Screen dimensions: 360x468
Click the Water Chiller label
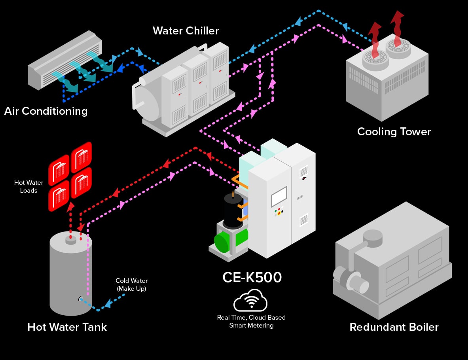click(186, 30)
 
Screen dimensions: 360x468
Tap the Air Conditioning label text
click(46, 111)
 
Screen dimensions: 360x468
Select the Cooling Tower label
click(394, 131)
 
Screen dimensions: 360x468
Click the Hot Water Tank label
click(67, 327)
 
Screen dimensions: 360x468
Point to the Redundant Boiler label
click(394, 327)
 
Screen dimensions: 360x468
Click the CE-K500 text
click(252, 277)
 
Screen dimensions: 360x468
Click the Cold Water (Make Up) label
click(131, 285)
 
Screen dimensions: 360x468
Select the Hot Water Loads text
click(28, 186)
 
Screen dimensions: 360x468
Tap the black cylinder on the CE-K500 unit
click(233, 210)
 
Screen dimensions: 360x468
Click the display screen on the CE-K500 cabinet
click(279, 196)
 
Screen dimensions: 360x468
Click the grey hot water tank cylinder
click(70, 277)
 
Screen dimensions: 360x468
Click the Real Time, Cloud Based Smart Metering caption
click(251, 321)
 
